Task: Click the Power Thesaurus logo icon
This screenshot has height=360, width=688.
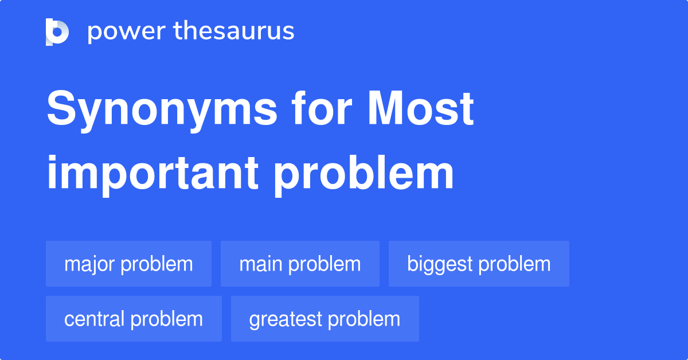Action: coord(57,32)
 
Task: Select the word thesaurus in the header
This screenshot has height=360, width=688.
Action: coord(234,32)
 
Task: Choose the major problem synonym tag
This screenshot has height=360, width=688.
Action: coord(128,264)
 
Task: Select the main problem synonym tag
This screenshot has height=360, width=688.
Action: coord(300,264)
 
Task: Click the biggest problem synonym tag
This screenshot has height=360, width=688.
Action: coord(479,264)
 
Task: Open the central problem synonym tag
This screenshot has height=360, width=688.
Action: coord(134,319)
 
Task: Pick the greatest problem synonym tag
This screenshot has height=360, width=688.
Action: coord(325,319)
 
